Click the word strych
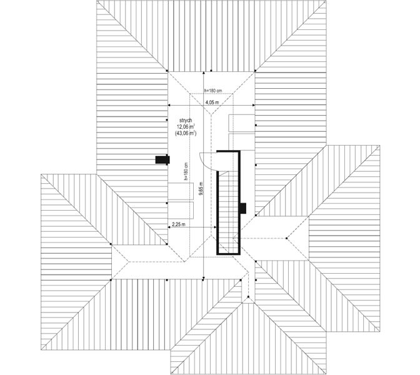click(186, 121)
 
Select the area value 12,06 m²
click(186, 127)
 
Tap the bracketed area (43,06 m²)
click(186, 133)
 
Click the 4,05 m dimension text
click(212, 102)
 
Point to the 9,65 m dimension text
click(201, 189)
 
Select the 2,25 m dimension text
click(178, 224)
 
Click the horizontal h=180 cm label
click(213, 91)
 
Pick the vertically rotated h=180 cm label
click(186, 171)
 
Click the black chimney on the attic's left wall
click(162, 160)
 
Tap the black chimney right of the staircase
click(243, 208)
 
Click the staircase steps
click(228, 212)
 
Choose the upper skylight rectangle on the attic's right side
click(242, 123)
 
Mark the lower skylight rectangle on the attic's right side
click(242, 142)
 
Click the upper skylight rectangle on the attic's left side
click(181, 191)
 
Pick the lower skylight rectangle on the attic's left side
click(181, 211)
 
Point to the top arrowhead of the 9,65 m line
click(204, 73)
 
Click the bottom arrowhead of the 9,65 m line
click(204, 277)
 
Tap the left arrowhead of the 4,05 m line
click(169, 105)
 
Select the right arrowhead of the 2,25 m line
click(214, 227)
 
